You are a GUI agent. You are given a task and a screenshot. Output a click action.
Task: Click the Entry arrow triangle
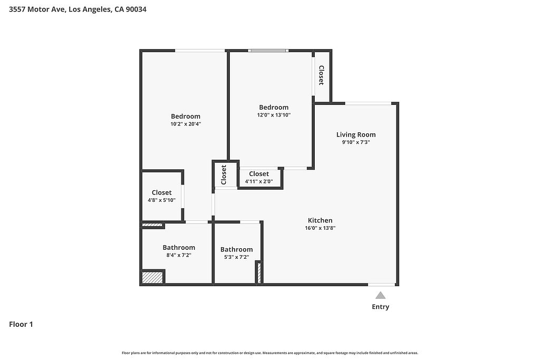pos(380,295)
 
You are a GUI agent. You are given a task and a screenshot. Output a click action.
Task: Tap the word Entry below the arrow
pos(381,307)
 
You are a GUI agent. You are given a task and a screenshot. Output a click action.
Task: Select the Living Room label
pos(356,134)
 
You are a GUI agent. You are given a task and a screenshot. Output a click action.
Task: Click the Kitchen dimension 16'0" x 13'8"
pos(320,228)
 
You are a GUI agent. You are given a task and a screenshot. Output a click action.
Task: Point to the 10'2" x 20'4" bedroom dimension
pos(186,124)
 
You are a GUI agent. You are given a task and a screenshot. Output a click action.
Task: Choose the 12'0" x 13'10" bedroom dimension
pos(274,115)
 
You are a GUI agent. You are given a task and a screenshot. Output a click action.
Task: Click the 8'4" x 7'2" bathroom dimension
pos(179,255)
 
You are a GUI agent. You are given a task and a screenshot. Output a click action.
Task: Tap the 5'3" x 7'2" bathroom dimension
pos(236,257)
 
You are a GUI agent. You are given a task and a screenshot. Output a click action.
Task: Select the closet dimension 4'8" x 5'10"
pos(161,200)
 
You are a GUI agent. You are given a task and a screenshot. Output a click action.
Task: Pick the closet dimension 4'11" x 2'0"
pos(259,181)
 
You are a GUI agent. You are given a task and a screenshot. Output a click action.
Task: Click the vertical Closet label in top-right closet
pos(321,75)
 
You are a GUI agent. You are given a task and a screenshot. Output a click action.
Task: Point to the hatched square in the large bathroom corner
pos(152,277)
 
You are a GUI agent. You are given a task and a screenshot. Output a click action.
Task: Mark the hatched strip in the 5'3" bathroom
pos(259,273)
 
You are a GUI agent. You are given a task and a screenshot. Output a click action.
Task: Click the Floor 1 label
pos(21,324)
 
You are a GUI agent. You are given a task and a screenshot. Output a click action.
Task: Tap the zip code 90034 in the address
pos(136,9)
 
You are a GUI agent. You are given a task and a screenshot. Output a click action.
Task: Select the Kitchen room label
pos(320,220)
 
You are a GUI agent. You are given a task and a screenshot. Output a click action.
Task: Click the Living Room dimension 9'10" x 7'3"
pos(356,142)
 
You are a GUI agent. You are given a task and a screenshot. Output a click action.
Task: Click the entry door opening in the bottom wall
pos(382,285)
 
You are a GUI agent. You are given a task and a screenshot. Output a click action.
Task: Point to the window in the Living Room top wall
pos(368,103)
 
